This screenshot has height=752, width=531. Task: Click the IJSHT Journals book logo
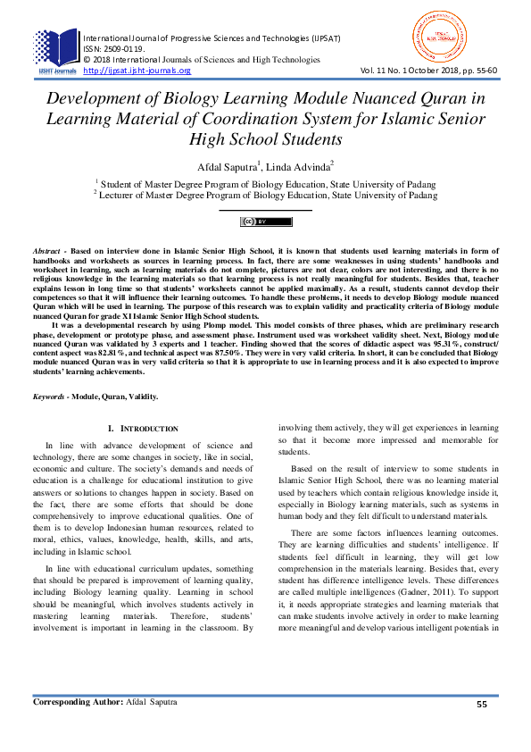tap(56, 50)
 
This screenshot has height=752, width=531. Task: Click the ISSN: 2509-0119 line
tap(113, 49)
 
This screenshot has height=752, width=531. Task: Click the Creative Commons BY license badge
tap(265, 221)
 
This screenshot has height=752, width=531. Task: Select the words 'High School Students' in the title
tap(265, 138)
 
